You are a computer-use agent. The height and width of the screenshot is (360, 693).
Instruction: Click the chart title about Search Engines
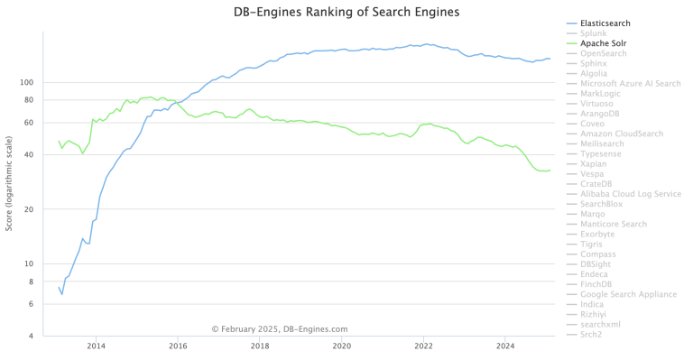point(346,12)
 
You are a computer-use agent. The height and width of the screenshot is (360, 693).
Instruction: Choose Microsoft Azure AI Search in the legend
point(630,83)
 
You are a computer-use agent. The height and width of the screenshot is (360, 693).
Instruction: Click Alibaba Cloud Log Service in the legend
point(630,194)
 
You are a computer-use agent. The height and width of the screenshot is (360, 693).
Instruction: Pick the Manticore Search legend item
point(614,224)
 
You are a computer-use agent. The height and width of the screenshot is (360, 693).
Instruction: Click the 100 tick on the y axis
point(25,82)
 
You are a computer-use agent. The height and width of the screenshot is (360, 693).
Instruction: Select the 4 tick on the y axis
point(30,337)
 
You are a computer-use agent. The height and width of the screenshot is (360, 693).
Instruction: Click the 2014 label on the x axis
point(96,346)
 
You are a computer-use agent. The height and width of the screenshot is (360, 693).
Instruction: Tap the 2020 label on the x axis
point(342,346)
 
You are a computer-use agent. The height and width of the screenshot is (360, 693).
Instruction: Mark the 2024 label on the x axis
point(506,346)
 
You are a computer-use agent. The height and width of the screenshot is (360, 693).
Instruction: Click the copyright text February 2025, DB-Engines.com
point(279,329)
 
